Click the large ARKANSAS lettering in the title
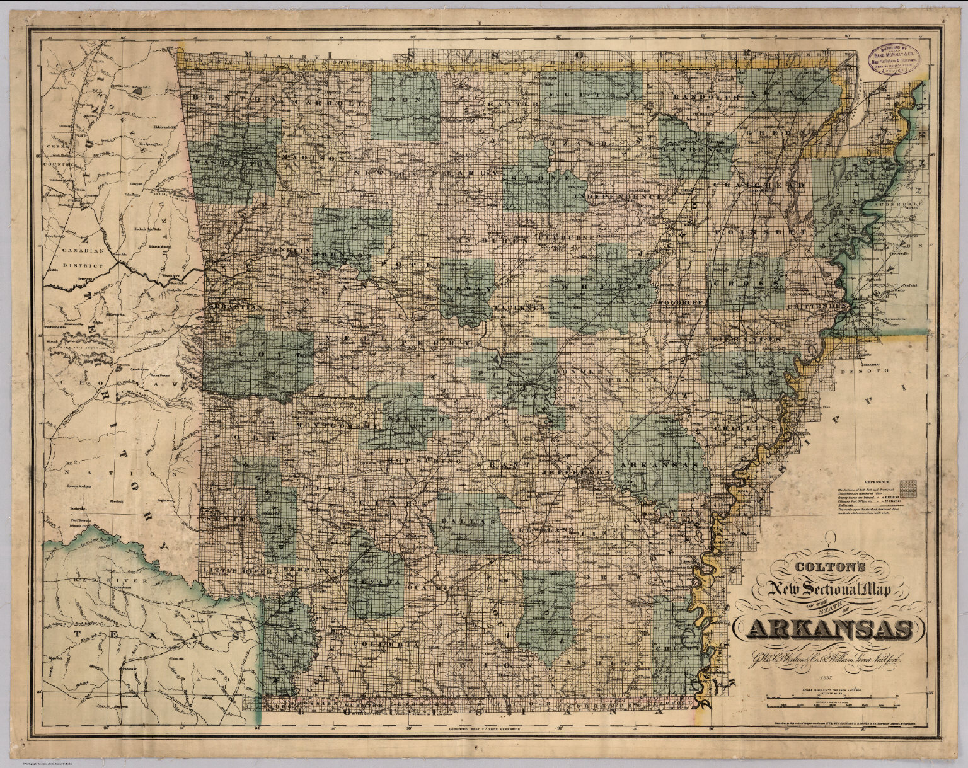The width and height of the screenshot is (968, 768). coord(828,629)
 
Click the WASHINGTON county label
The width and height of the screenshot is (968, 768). coord(232,161)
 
